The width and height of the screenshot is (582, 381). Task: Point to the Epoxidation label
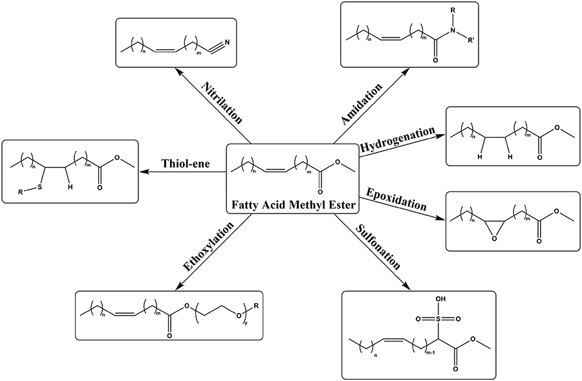[396, 199]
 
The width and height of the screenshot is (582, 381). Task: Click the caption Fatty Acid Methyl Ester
[292, 206]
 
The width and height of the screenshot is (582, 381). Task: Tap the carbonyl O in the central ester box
[321, 191]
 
